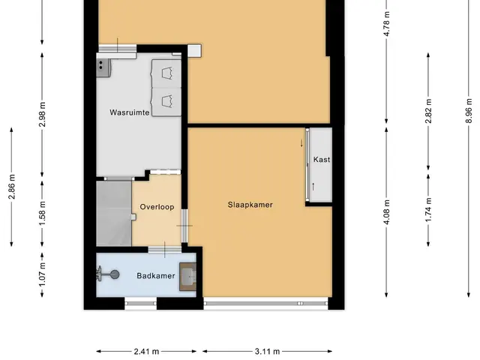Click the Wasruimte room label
coord(130,112)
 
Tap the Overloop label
coord(157,207)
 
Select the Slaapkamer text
coord(250,205)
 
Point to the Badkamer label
coord(156,276)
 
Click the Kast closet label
coord(322,160)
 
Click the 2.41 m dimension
coord(146,352)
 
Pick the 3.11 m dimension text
coord(267,352)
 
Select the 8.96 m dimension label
coord(469,110)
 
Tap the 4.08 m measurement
coord(387,211)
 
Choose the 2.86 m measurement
coord(12,187)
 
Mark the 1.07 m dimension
coord(42,275)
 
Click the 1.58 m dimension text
coord(42,213)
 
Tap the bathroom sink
coord(187,277)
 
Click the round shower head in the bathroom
coord(115,274)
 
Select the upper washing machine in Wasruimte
coord(166,73)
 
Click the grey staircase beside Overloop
coord(114,213)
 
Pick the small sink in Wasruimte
coord(103,67)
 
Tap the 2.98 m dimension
coord(42,114)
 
